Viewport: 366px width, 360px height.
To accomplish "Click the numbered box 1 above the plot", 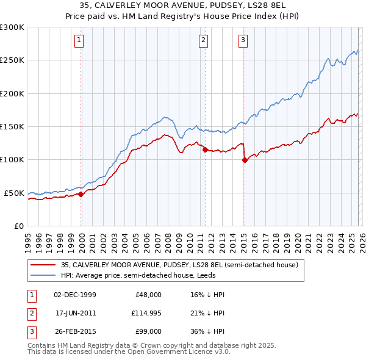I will pos(80,41).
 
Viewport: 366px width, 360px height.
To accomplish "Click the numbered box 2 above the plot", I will pos(203,41).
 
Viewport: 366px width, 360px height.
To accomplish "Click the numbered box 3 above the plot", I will pos(243,41).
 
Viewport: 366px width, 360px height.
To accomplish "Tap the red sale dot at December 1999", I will pos(81,194).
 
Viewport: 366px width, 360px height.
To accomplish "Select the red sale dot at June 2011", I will pos(205,149).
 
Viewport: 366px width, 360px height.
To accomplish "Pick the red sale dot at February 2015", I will pos(245,160).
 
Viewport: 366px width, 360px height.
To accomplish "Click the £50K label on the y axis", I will pos(14,193).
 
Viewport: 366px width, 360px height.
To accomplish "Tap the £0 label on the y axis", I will pos(18,226).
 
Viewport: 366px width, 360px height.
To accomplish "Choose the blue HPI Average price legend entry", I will pos(165,275).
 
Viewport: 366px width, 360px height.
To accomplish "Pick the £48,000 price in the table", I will pos(148,295).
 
